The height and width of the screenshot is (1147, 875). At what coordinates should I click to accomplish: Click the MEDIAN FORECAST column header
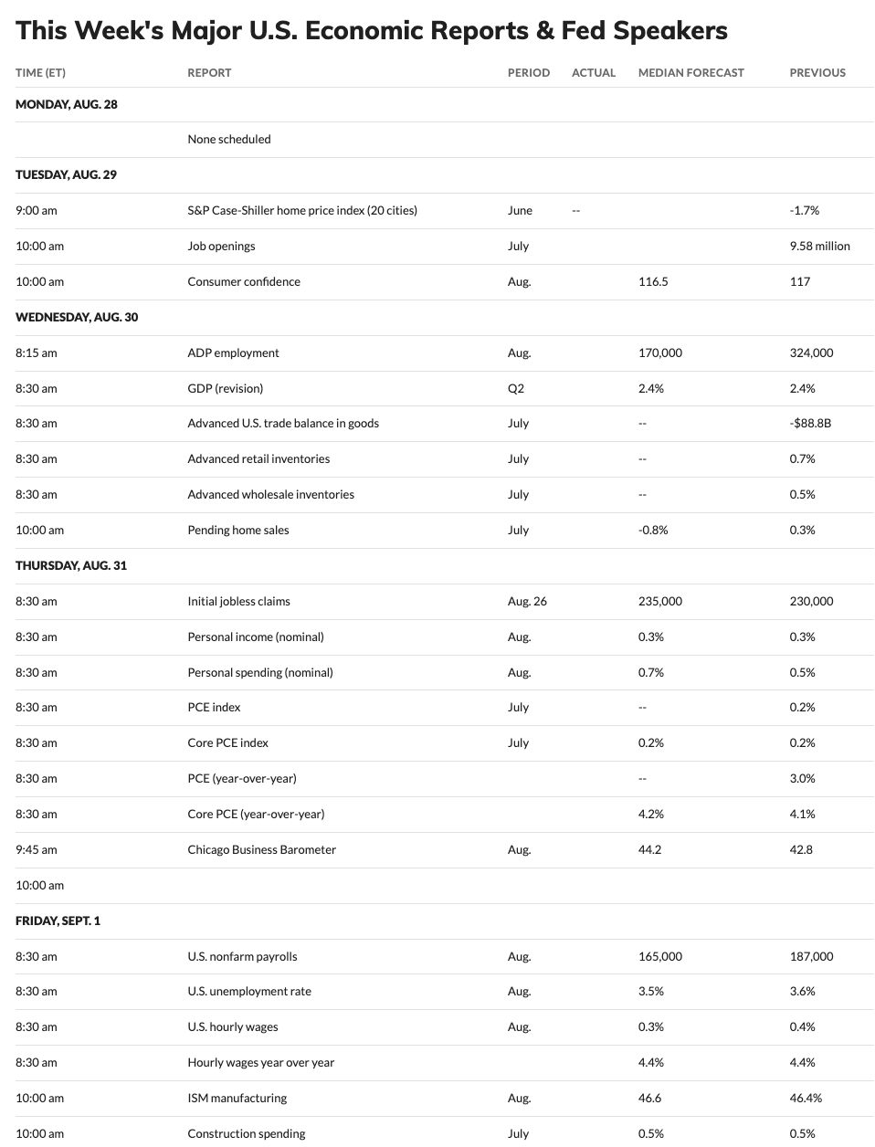691,72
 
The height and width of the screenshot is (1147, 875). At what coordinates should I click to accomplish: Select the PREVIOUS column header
817,72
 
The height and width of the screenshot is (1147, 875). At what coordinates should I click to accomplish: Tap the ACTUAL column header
594,72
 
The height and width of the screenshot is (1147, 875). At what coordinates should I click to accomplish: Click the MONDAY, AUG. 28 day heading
67,104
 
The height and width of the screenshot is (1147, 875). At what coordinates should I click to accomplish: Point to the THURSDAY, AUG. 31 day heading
71,565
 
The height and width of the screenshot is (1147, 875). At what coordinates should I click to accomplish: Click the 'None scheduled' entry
229,139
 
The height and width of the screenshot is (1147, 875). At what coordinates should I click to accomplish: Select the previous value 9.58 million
819,246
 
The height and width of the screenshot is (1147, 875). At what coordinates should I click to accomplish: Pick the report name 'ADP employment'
233,353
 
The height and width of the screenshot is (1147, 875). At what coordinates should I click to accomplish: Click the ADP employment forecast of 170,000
659,353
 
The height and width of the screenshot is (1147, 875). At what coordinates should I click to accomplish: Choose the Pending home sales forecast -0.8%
653,530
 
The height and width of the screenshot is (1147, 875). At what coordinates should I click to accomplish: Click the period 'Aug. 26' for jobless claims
527,601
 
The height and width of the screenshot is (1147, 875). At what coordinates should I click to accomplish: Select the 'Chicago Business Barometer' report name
261,849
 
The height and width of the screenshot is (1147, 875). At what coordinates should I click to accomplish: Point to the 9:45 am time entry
37,849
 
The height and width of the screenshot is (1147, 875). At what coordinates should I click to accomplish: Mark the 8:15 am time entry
37,353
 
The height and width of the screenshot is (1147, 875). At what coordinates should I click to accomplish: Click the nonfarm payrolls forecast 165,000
659,956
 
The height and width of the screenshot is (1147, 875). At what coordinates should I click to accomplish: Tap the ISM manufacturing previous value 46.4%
806,1098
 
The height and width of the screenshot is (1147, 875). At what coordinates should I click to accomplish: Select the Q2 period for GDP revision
516,388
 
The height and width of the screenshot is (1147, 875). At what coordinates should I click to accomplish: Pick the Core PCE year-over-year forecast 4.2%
651,814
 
